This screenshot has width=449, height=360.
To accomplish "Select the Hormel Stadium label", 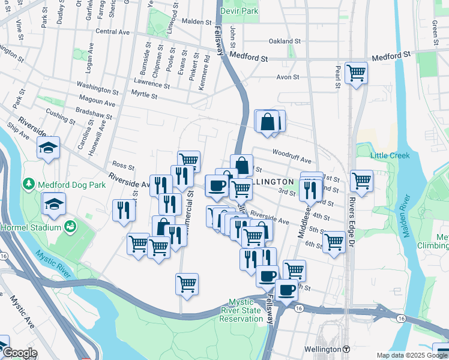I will (31, 227).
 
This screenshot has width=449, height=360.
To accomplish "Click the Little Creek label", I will (390, 155).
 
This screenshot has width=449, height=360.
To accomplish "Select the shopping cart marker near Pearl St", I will (357, 73).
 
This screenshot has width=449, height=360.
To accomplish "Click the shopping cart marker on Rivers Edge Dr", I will (361, 181).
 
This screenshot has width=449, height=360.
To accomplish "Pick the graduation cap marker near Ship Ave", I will (48, 148).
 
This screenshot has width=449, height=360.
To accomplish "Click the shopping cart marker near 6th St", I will (334, 242).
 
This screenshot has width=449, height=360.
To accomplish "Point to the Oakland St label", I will (285, 41).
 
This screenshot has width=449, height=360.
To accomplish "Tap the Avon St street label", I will (288, 77).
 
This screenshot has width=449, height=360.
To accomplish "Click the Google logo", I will (19, 353).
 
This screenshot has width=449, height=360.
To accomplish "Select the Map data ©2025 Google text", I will (412, 355).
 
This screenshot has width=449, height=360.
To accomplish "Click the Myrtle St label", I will (144, 95).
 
